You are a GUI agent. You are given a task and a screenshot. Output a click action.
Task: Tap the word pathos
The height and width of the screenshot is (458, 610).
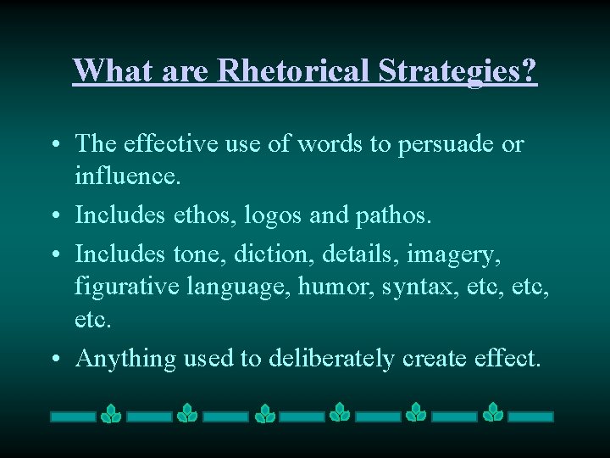click(x=398, y=215)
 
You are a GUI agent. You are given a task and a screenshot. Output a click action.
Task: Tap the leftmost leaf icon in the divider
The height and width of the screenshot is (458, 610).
click(x=111, y=414)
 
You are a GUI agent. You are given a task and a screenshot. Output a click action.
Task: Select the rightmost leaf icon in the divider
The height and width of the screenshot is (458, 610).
click(x=493, y=414)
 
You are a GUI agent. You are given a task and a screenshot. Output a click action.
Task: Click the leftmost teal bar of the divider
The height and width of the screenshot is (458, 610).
click(x=73, y=416)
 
